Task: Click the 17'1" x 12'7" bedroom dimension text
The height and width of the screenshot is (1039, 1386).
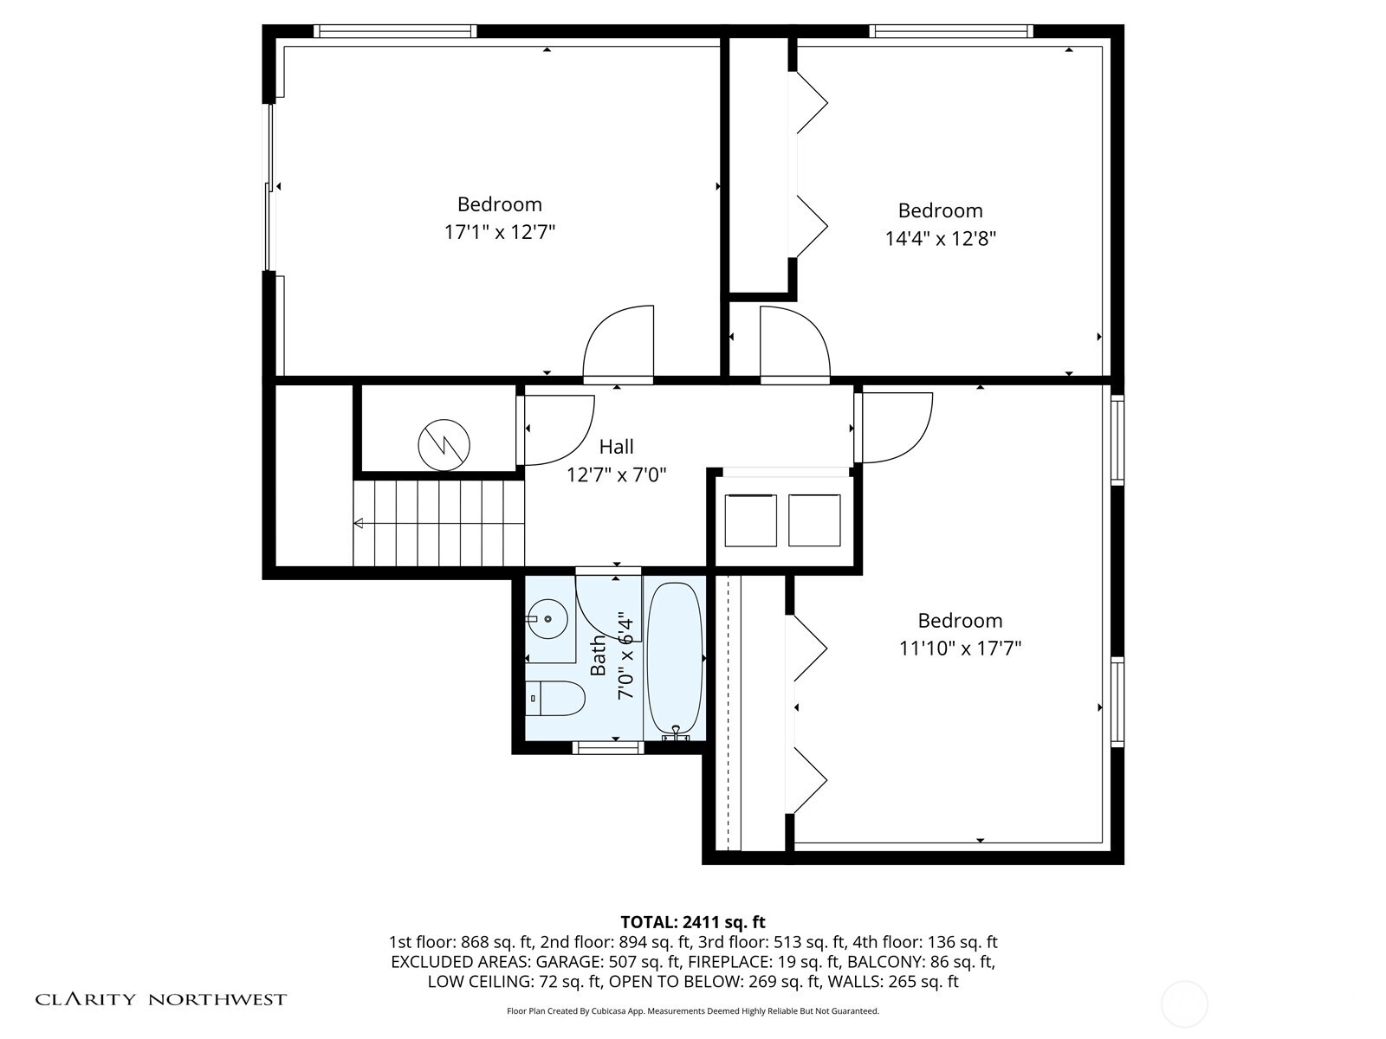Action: point(499,232)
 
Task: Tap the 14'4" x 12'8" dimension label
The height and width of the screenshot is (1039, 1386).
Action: point(940,238)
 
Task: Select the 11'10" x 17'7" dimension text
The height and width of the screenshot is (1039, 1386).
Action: point(960,649)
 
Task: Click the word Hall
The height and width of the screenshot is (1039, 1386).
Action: point(616,447)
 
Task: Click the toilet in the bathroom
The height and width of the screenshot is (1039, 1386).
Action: point(555,698)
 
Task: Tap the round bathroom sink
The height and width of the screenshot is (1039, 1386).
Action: point(547,619)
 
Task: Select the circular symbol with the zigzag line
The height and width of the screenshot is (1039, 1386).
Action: point(444,445)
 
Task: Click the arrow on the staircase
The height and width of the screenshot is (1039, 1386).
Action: point(359,523)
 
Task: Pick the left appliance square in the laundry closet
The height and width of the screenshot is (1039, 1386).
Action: point(750,520)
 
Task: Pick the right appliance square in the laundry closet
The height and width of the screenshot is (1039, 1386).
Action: point(814,520)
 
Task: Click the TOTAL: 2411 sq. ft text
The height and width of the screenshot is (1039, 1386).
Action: point(692,922)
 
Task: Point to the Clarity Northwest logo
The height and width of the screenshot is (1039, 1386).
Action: point(161,1000)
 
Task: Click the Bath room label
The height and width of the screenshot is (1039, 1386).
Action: point(599,655)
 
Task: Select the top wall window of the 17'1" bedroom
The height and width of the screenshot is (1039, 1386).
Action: point(395,31)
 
